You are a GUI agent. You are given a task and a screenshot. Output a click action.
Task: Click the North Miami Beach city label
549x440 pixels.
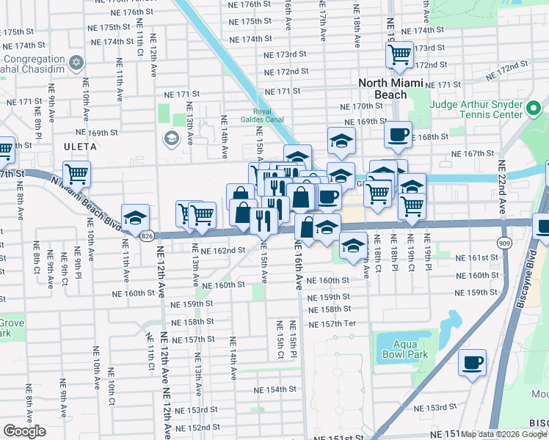coord(393,89)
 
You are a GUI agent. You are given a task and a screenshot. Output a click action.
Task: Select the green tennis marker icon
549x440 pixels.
coord(534,110)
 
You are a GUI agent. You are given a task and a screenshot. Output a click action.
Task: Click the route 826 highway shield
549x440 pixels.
coord(148,235)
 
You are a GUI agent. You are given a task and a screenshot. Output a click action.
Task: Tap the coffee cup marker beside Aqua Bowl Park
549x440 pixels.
coord(472,361)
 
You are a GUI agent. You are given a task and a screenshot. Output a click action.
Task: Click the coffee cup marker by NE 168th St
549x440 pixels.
coord(398,133)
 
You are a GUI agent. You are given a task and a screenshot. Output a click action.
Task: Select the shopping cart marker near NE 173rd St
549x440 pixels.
coord(399,54)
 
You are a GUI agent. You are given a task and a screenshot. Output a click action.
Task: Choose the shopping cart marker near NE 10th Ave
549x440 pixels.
coord(76,174)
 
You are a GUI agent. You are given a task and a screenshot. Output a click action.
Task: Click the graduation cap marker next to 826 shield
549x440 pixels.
coord(136,217)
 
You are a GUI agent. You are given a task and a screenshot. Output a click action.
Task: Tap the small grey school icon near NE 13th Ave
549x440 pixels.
coord(171,138)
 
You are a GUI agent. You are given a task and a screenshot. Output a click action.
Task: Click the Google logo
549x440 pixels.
coord(24,431)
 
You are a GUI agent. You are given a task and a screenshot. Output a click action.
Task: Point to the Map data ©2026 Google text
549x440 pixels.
coord(503,434)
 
